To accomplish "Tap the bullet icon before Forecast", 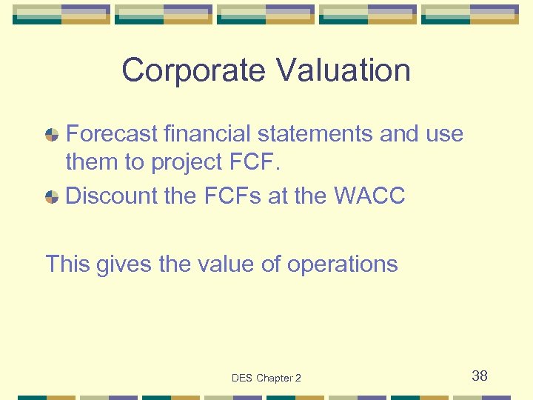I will pos(52,135).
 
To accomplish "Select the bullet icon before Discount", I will pos(52,197).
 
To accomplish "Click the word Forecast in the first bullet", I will pos(112,134).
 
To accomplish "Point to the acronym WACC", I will pos(369,196).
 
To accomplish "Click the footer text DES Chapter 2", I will pos(266,378).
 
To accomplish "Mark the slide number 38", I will pos(480,376).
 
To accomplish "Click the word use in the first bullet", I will pos(444,135).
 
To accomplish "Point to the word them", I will pos(90,161).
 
